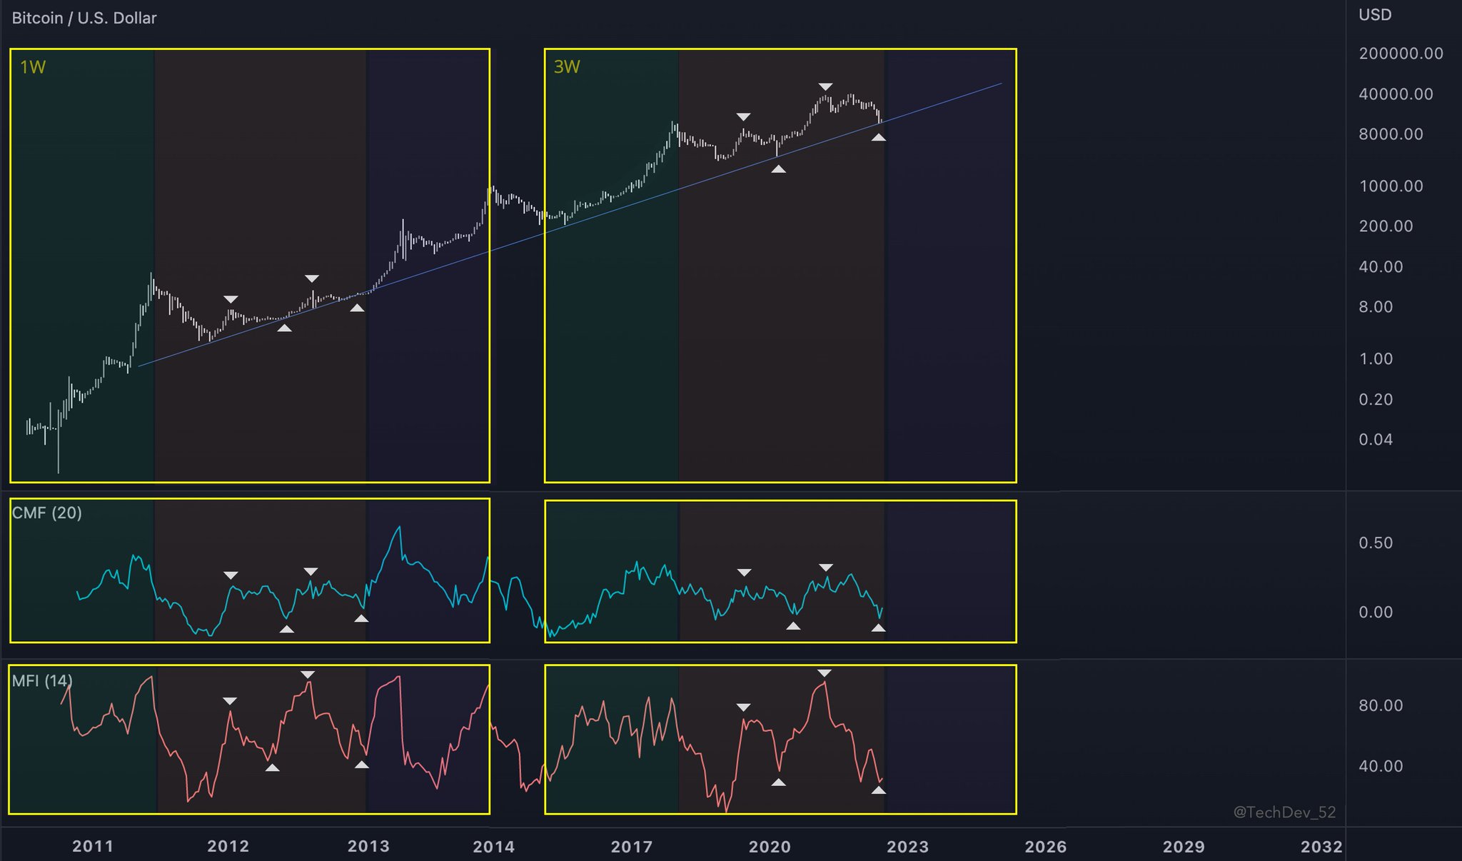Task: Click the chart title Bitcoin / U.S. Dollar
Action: (84, 18)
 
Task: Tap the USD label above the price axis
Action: (1375, 15)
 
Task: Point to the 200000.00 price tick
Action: (1401, 54)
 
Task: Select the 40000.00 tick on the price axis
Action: (1396, 94)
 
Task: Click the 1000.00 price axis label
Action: (1391, 186)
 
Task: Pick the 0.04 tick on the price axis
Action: (1376, 440)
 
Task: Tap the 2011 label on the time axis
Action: (93, 847)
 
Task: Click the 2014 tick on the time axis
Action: (493, 847)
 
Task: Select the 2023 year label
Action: (907, 847)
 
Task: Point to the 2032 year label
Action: (1321, 847)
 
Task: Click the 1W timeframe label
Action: (33, 67)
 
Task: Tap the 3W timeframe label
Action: (567, 67)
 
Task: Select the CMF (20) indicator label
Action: (47, 513)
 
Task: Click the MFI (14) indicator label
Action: (42, 680)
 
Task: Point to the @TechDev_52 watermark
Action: (1284, 812)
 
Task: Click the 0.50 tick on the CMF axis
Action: (1376, 543)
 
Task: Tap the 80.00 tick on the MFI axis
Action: (1381, 706)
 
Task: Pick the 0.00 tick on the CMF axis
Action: (1376, 613)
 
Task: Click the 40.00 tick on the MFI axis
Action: (1381, 767)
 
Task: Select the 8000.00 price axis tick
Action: (1391, 134)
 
